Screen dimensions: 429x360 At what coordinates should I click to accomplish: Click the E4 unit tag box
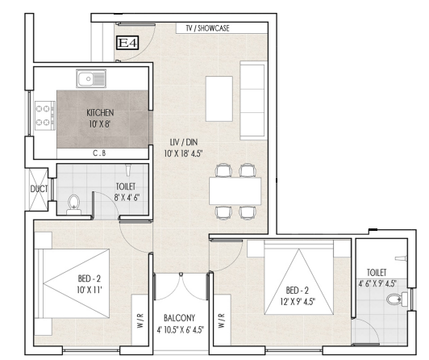tap(127, 43)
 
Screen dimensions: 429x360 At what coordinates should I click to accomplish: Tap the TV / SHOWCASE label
tap(208, 28)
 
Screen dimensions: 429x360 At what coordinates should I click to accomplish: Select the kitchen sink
tap(91, 78)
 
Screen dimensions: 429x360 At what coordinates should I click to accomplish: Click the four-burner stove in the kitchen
tap(45, 115)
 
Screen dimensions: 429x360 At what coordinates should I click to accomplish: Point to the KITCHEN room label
tap(100, 112)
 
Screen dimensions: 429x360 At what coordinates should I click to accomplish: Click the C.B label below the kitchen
tap(99, 153)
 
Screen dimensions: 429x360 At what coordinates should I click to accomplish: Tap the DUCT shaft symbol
tap(39, 189)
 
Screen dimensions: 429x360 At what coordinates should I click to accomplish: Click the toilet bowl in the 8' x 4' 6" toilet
tap(73, 204)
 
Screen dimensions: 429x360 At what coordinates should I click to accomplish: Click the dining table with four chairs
tap(235, 191)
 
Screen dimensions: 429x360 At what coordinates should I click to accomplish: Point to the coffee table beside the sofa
tap(219, 98)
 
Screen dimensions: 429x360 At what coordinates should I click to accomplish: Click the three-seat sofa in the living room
tap(253, 100)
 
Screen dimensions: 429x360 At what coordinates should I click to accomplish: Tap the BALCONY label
tap(180, 318)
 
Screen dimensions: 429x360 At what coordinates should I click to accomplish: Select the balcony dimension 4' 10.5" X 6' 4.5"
tap(181, 329)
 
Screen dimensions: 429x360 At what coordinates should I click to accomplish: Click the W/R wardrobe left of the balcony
tap(140, 320)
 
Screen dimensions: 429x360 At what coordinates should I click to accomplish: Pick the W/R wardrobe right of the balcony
tap(223, 320)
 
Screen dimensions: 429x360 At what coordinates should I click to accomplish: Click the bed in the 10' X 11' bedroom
tap(73, 283)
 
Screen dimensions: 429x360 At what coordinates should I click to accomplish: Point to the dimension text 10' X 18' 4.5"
tap(183, 153)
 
